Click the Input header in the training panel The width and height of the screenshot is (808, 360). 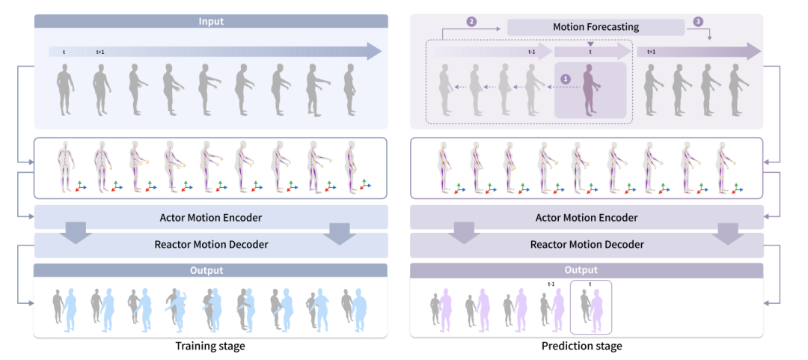point(210,22)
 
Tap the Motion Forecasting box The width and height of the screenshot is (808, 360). point(596,27)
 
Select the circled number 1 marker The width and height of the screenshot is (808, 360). point(566,77)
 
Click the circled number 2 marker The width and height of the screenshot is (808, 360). point(471,22)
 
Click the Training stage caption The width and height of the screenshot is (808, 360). point(210,346)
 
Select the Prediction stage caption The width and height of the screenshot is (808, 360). point(581,346)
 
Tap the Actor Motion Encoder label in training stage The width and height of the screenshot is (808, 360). point(210,218)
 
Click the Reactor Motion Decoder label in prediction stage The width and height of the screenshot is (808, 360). point(587,245)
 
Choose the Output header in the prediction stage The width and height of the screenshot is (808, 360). point(581,269)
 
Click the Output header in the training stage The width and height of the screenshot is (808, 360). point(210,269)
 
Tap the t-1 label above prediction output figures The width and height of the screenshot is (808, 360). point(551,284)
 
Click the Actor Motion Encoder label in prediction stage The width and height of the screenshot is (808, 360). point(587,218)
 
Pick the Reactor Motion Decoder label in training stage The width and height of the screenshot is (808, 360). point(210,245)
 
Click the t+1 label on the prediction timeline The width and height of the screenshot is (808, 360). point(651,52)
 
